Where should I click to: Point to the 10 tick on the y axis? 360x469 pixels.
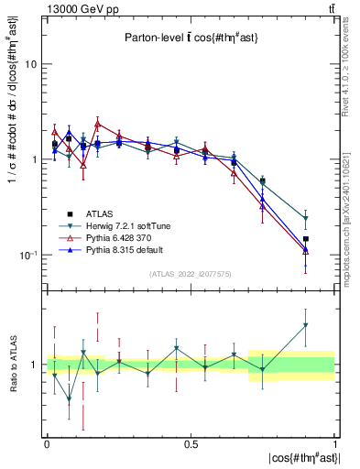tap(30, 65)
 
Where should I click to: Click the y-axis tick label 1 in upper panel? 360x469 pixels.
tap(34, 159)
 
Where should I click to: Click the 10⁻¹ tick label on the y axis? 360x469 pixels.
tap(28, 254)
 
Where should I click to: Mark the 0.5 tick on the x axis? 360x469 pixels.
tap(191, 444)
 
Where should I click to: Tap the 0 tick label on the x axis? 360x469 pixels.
tap(47, 444)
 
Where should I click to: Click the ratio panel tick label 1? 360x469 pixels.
tap(34, 365)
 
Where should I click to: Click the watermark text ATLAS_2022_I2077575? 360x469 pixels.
tap(191, 274)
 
